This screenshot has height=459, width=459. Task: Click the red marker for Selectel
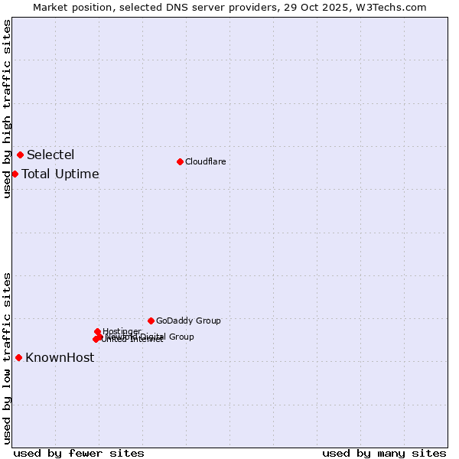coord(20,155)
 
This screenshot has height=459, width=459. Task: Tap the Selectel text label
coord(50,155)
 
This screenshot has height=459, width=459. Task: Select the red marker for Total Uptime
coord(15,174)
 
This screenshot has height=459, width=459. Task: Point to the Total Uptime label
coord(60,174)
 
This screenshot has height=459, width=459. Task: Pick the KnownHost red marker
coord(18,357)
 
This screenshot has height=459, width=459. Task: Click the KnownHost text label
coord(60,358)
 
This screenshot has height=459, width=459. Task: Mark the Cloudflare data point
coord(180,161)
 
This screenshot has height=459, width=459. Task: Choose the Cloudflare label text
coord(205,161)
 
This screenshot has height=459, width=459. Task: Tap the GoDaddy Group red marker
coord(151,321)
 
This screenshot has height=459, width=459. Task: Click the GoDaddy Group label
coord(188,321)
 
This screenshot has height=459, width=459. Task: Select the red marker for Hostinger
coord(97,331)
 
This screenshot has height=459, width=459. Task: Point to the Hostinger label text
coord(122,331)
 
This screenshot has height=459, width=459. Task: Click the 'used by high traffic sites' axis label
coord(7,109)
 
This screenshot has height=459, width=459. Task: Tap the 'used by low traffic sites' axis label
coord(7,358)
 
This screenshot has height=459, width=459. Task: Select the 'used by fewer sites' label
coord(79,453)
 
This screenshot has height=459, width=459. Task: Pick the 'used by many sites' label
coord(384,453)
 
